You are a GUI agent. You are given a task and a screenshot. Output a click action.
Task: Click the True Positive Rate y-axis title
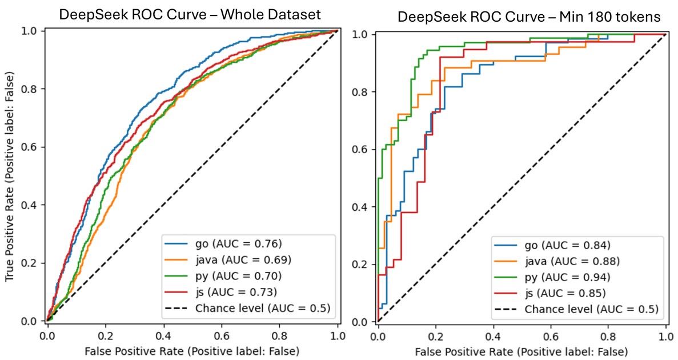(x=10, y=176)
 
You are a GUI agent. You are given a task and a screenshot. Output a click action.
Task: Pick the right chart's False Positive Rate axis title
(x=520, y=350)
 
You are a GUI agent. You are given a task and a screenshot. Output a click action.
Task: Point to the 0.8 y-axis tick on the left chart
(x=29, y=89)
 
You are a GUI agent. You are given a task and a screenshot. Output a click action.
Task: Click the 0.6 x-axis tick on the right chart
(x=550, y=334)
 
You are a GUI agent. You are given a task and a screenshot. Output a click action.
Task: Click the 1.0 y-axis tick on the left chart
(x=29, y=30)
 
